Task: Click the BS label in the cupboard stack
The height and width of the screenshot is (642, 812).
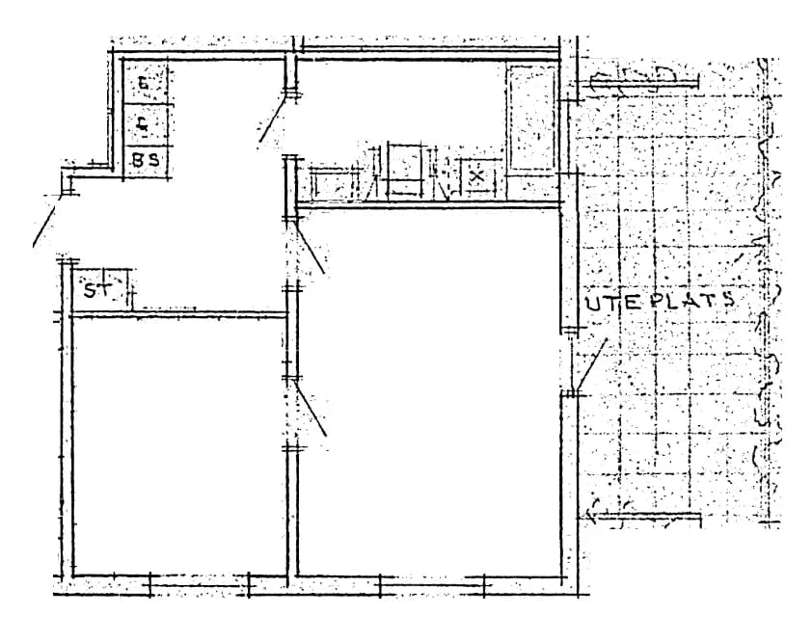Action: point(146,161)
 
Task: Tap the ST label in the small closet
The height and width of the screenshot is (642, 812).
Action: point(96,289)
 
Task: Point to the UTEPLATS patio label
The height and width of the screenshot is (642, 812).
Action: point(661,301)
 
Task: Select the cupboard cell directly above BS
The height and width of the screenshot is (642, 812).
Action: point(146,123)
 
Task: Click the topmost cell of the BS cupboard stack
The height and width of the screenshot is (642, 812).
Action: point(146,84)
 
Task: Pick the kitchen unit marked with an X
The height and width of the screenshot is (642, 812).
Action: point(476,177)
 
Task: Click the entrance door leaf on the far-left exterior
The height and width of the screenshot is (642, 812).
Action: point(49,220)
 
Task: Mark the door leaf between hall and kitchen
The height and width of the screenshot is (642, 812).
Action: point(273,120)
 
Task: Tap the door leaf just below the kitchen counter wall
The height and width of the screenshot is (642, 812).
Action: point(311,246)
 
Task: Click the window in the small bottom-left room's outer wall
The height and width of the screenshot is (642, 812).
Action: point(200,583)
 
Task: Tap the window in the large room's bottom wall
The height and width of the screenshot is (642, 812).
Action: point(431,583)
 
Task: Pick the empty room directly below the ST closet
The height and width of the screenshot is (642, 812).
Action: point(179,443)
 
